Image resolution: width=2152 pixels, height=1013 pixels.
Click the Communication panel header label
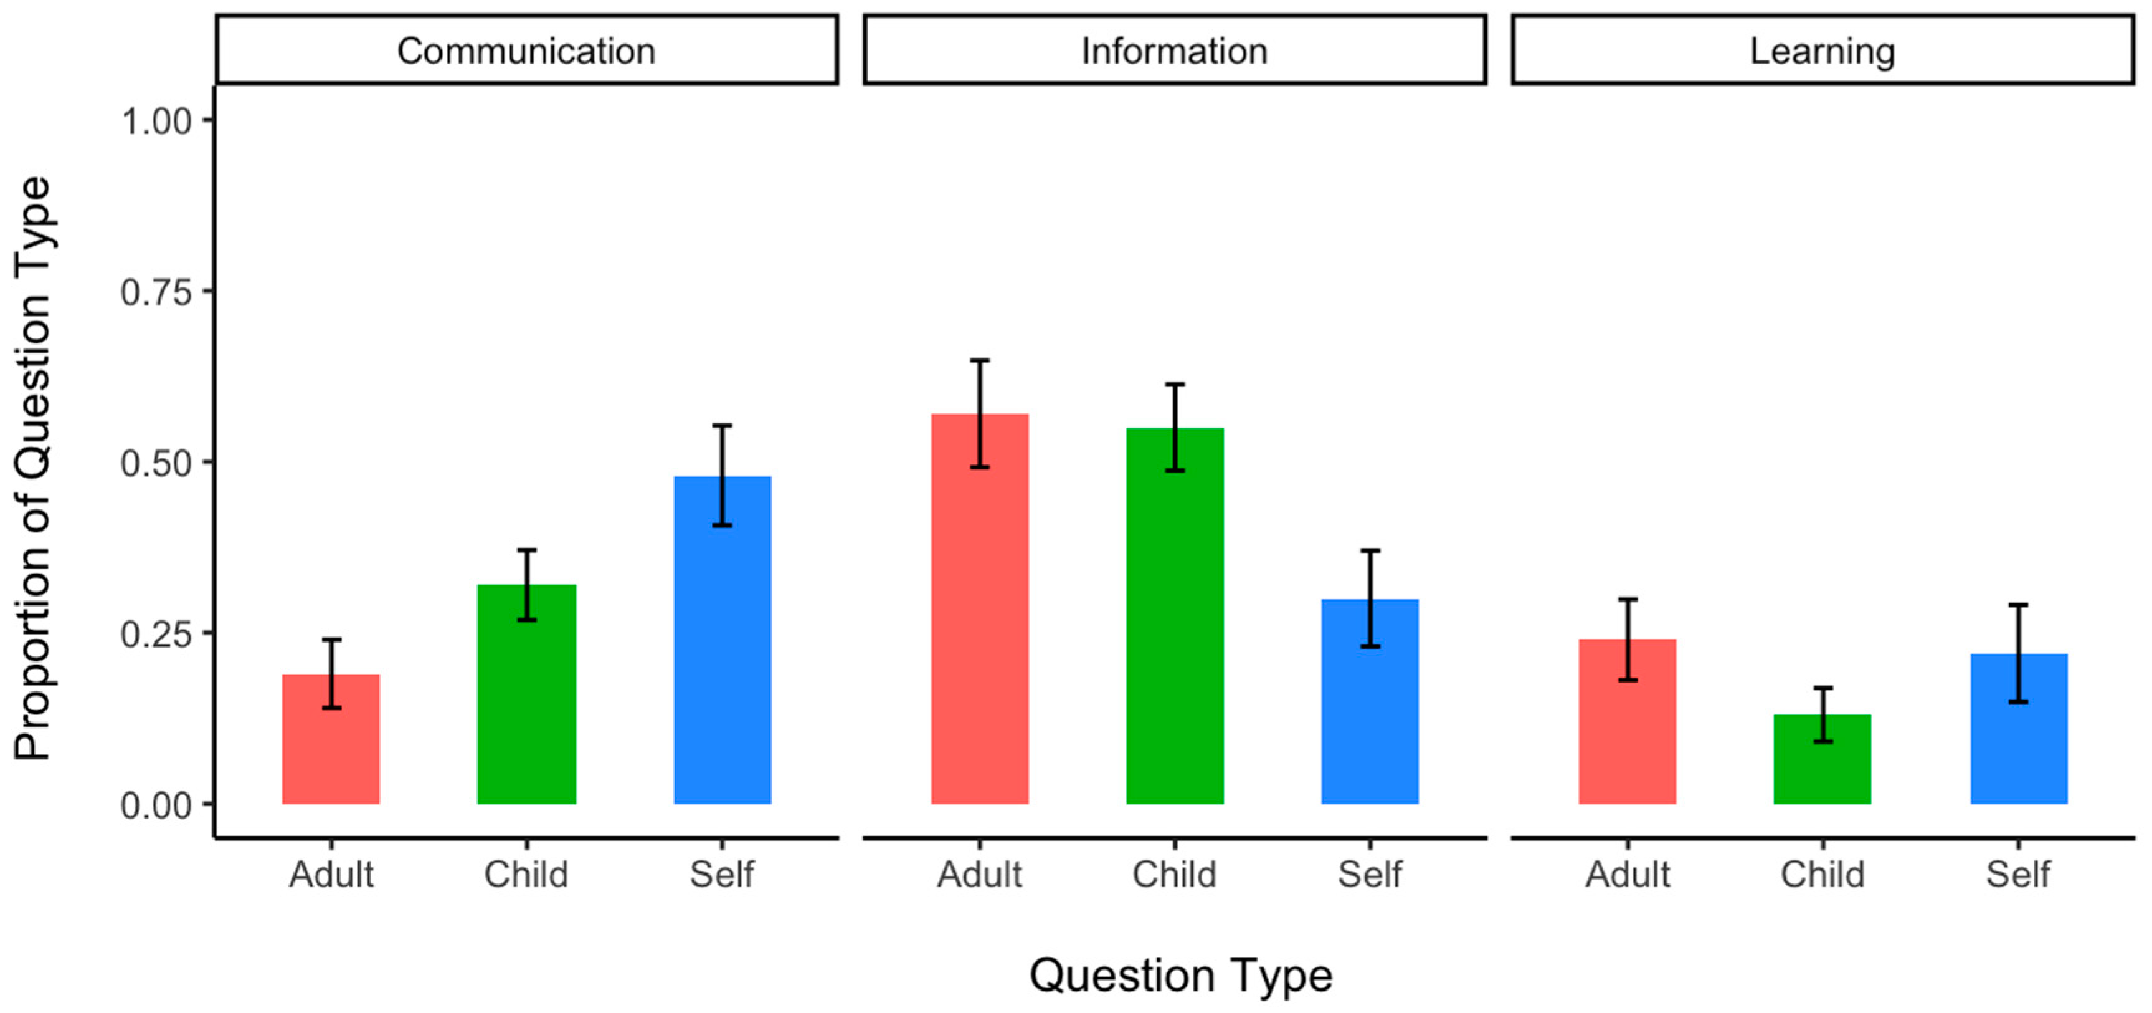pyautogui.click(x=526, y=51)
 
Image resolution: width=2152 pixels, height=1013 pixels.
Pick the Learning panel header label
pyautogui.click(x=1822, y=51)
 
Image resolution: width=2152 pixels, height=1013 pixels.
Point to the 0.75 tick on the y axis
pyautogui.click(x=156, y=292)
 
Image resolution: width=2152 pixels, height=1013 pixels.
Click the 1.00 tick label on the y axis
pyautogui.click(x=156, y=121)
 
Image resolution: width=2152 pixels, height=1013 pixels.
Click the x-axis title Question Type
pyautogui.click(x=1180, y=976)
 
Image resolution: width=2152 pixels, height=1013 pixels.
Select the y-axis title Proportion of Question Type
pyautogui.click(x=34, y=468)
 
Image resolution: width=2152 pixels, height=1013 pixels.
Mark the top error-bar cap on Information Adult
pyautogui.click(x=979, y=360)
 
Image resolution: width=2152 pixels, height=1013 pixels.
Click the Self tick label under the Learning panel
pyautogui.click(x=2018, y=874)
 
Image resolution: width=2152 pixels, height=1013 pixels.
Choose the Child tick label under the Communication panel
pyautogui.click(x=526, y=874)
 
